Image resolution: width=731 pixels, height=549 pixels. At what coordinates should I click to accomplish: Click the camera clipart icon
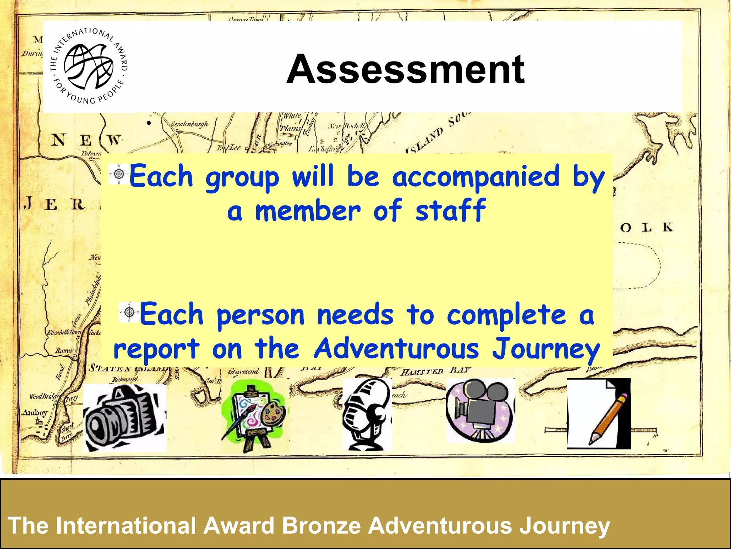[125, 417]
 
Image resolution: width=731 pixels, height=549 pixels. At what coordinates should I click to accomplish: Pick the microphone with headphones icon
[367, 414]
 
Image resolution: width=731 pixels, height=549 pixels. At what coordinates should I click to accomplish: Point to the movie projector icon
[480, 410]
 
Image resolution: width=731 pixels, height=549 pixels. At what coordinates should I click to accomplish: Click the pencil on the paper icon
[599, 414]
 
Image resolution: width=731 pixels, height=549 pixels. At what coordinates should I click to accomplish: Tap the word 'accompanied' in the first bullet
[475, 176]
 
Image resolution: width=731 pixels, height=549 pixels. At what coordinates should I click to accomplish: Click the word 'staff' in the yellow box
[450, 211]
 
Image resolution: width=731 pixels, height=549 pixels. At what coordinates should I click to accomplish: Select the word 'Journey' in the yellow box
[546, 348]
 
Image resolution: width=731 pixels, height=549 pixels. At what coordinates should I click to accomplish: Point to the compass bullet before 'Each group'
[119, 174]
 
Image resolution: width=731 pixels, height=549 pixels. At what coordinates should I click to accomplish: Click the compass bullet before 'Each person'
[129, 312]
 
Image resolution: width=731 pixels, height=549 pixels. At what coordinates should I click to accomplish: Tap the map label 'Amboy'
[35, 413]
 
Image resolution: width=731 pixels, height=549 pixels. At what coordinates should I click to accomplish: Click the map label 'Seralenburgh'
[189, 124]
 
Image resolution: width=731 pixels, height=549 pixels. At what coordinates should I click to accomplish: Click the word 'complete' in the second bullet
[506, 315]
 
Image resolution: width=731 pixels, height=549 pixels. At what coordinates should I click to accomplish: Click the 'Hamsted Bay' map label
[436, 371]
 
